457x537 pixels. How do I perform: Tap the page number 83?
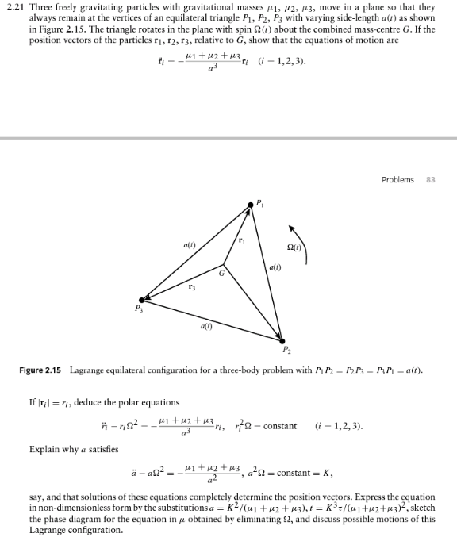point(432,179)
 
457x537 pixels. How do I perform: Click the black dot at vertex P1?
point(250,205)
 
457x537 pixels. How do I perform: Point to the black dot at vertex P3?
point(142,299)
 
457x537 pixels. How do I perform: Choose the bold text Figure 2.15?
point(40,371)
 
